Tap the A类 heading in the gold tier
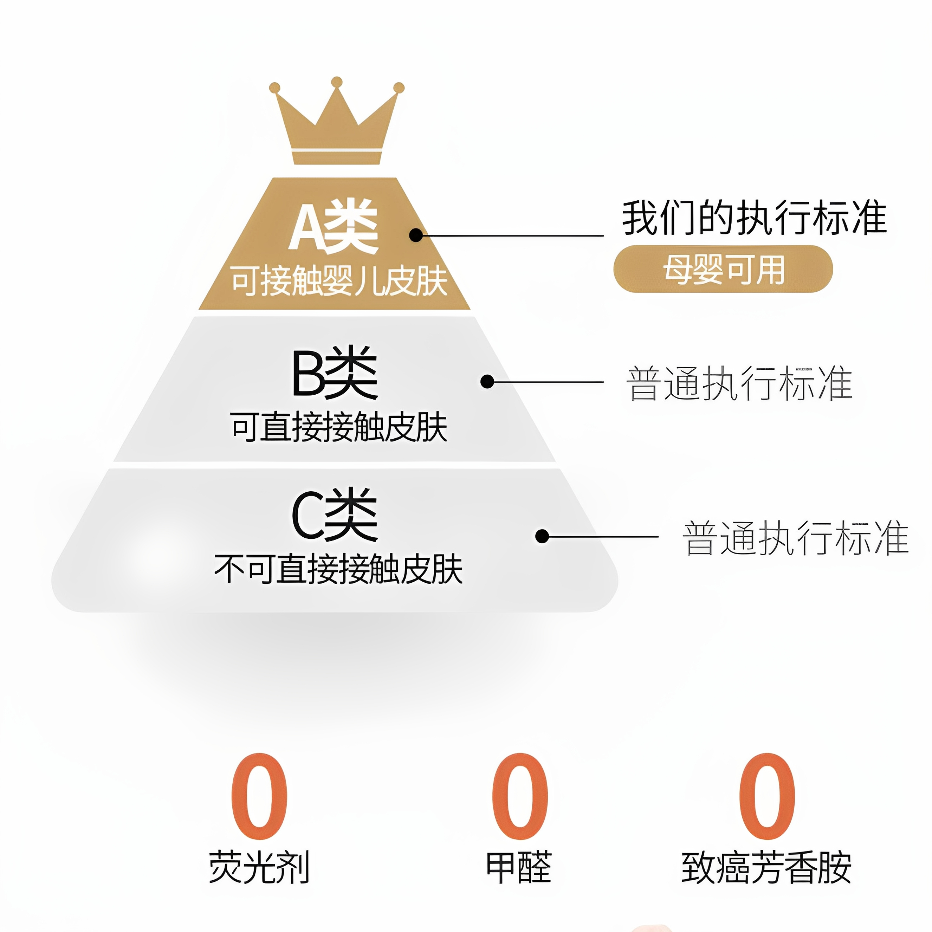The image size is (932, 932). (x=334, y=227)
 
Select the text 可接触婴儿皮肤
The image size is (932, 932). (x=339, y=281)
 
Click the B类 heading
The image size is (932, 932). (x=334, y=373)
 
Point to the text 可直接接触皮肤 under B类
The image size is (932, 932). (x=339, y=427)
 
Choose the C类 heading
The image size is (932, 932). (x=334, y=515)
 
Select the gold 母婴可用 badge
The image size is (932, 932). (x=723, y=269)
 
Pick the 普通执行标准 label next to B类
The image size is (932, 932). (x=739, y=383)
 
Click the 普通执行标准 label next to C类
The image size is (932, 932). (x=795, y=538)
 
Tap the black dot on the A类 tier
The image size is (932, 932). (x=416, y=235)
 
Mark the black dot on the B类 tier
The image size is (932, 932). (x=487, y=382)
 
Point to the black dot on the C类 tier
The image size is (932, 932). (x=542, y=536)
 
